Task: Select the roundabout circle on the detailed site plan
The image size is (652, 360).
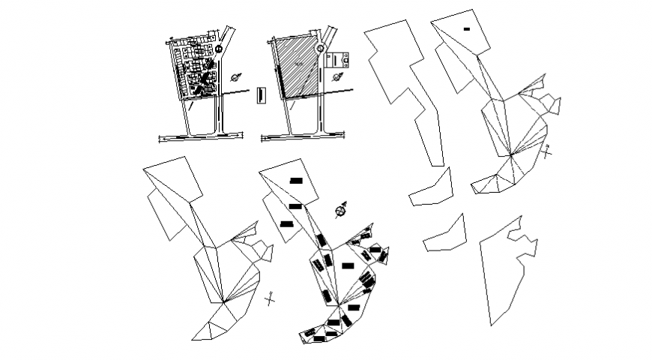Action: click(x=219, y=49)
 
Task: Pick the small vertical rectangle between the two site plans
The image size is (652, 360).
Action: click(x=260, y=95)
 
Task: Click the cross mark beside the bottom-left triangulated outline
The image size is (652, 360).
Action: click(x=271, y=298)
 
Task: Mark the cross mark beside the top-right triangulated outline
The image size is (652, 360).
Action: click(x=548, y=151)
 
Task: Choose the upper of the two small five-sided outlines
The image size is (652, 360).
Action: click(x=432, y=189)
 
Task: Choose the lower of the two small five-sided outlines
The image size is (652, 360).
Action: click(x=445, y=234)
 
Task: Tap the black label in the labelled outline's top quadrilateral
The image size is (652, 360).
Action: click(x=295, y=181)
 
